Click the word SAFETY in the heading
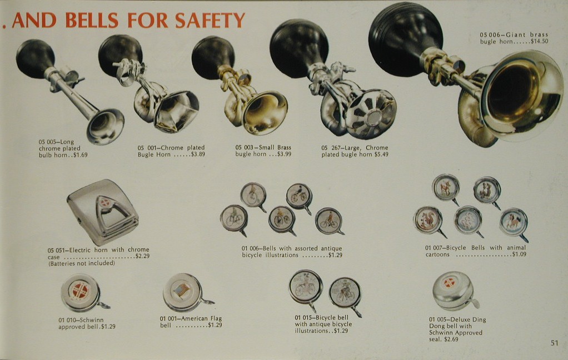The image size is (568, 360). pos(210,20)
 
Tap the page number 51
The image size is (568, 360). pos(554,343)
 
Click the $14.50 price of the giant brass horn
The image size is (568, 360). pos(540,41)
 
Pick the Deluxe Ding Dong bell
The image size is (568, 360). pos(455,291)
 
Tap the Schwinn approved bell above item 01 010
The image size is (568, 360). pos(83,293)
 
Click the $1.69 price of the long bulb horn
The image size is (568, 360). pos(80,155)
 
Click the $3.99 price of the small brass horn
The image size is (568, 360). pos(283,154)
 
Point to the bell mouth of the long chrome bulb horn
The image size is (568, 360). pos(105,127)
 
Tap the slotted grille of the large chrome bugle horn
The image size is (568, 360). pos(371,114)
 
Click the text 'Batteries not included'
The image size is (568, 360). pos(82,263)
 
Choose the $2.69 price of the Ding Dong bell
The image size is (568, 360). pos(451,339)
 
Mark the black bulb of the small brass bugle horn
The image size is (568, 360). pos(213,55)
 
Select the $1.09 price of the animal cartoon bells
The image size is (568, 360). pos(519,254)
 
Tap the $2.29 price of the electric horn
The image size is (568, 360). pos(142,256)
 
